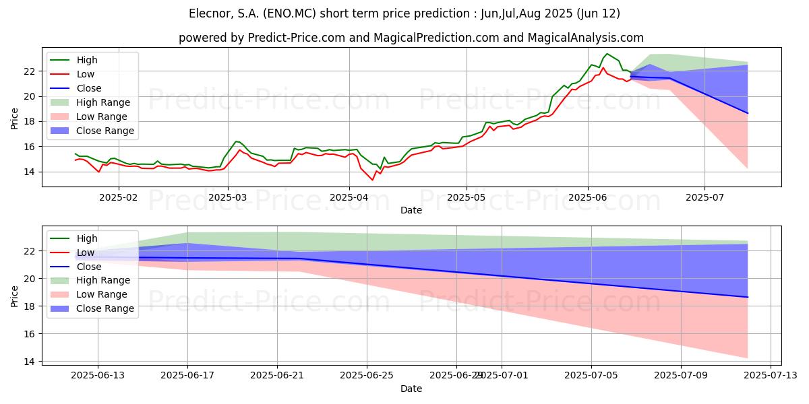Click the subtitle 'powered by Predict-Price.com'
point(411,38)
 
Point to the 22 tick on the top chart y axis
point(30,71)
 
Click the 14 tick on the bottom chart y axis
point(30,362)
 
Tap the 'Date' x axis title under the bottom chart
point(411,389)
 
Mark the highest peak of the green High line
point(607,54)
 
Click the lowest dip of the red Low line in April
point(372,180)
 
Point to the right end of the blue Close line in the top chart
point(747,113)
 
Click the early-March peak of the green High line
point(236,141)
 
